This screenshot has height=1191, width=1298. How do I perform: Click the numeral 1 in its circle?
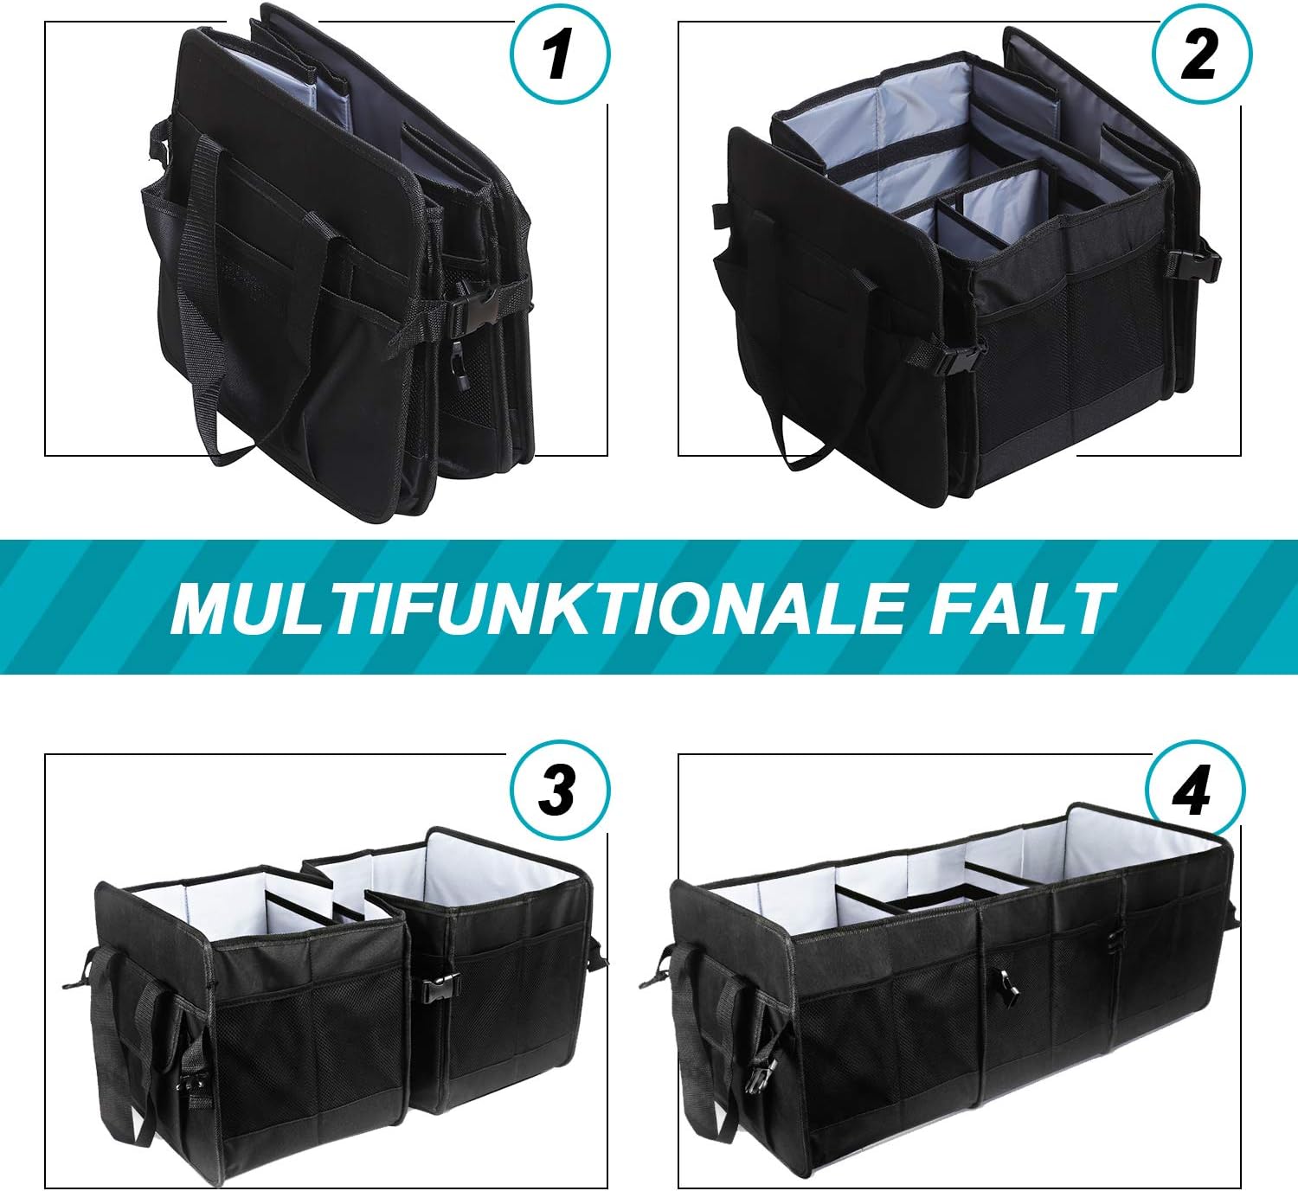tap(558, 54)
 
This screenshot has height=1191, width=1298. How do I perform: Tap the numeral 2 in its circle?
tap(1199, 54)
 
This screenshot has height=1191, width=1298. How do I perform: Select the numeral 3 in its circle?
tap(558, 791)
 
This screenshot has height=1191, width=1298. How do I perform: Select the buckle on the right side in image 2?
tap(1202, 264)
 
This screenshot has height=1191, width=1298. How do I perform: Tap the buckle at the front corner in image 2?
tap(951, 355)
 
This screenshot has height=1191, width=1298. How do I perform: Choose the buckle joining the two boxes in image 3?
tap(441, 987)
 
